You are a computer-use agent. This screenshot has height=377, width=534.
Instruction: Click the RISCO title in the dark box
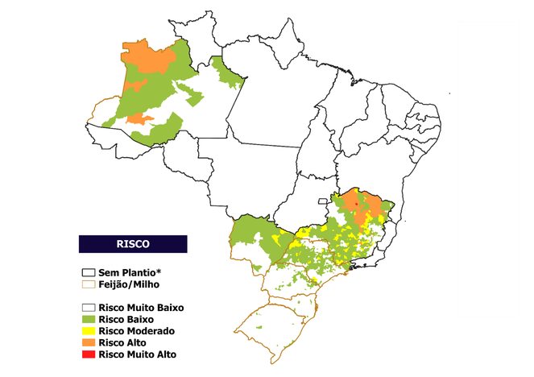tap(132, 242)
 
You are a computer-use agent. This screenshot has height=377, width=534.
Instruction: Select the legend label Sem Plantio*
tap(131, 272)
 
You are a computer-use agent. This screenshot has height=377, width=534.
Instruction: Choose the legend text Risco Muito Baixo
tap(141, 308)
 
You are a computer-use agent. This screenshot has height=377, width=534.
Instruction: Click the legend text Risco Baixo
tap(126, 320)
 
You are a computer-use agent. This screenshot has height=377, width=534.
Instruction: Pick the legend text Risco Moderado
tap(135, 331)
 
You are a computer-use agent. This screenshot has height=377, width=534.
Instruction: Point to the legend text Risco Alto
tap(122, 342)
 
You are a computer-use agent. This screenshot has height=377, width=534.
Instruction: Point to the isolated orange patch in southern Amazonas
tap(140, 119)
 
